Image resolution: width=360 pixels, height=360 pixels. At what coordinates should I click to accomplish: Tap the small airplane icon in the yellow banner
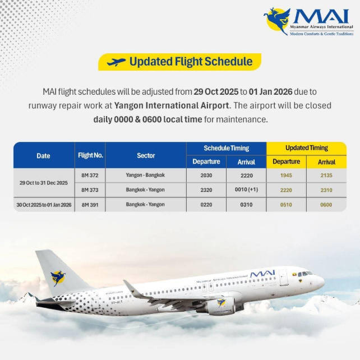(x=116, y=62)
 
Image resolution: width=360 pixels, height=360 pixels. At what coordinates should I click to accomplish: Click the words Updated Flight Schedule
(x=191, y=62)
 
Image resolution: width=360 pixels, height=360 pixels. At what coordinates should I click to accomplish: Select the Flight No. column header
(x=90, y=155)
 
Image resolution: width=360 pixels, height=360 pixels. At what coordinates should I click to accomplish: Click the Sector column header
(x=146, y=155)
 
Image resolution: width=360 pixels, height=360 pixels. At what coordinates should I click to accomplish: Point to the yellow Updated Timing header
(x=306, y=148)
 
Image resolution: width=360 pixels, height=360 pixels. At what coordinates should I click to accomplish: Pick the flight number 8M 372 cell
(x=90, y=176)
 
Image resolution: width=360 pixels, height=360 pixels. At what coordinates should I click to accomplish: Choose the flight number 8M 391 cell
(x=90, y=205)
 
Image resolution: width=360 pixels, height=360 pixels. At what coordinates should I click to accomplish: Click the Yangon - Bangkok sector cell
(x=145, y=176)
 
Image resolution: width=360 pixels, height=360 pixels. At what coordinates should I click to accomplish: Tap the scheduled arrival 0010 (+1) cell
(x=246, y=190)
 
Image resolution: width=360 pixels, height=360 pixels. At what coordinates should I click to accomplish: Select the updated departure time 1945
(x=286, y=176)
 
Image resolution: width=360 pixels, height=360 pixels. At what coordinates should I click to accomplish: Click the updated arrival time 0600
(x=326, y=205)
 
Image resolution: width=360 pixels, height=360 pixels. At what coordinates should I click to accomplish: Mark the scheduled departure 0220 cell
(x=206, y=205)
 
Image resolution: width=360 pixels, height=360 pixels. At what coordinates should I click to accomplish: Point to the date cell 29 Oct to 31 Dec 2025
(x=44, y=183)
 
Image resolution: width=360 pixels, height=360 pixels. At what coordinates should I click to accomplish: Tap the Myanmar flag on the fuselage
(x=284, y=275)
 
